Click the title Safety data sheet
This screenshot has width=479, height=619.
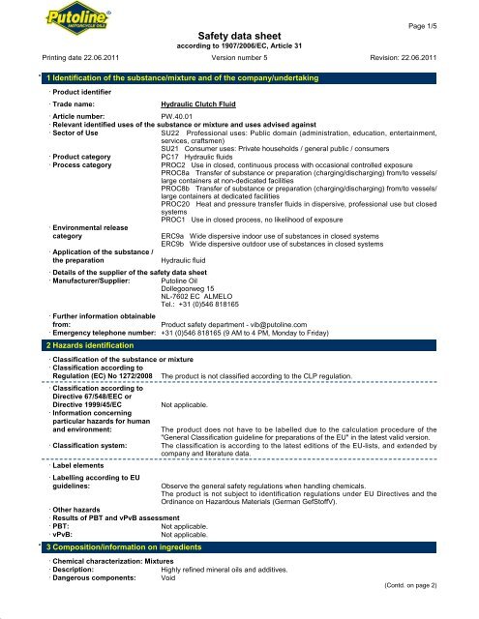(x=239, y=35)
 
